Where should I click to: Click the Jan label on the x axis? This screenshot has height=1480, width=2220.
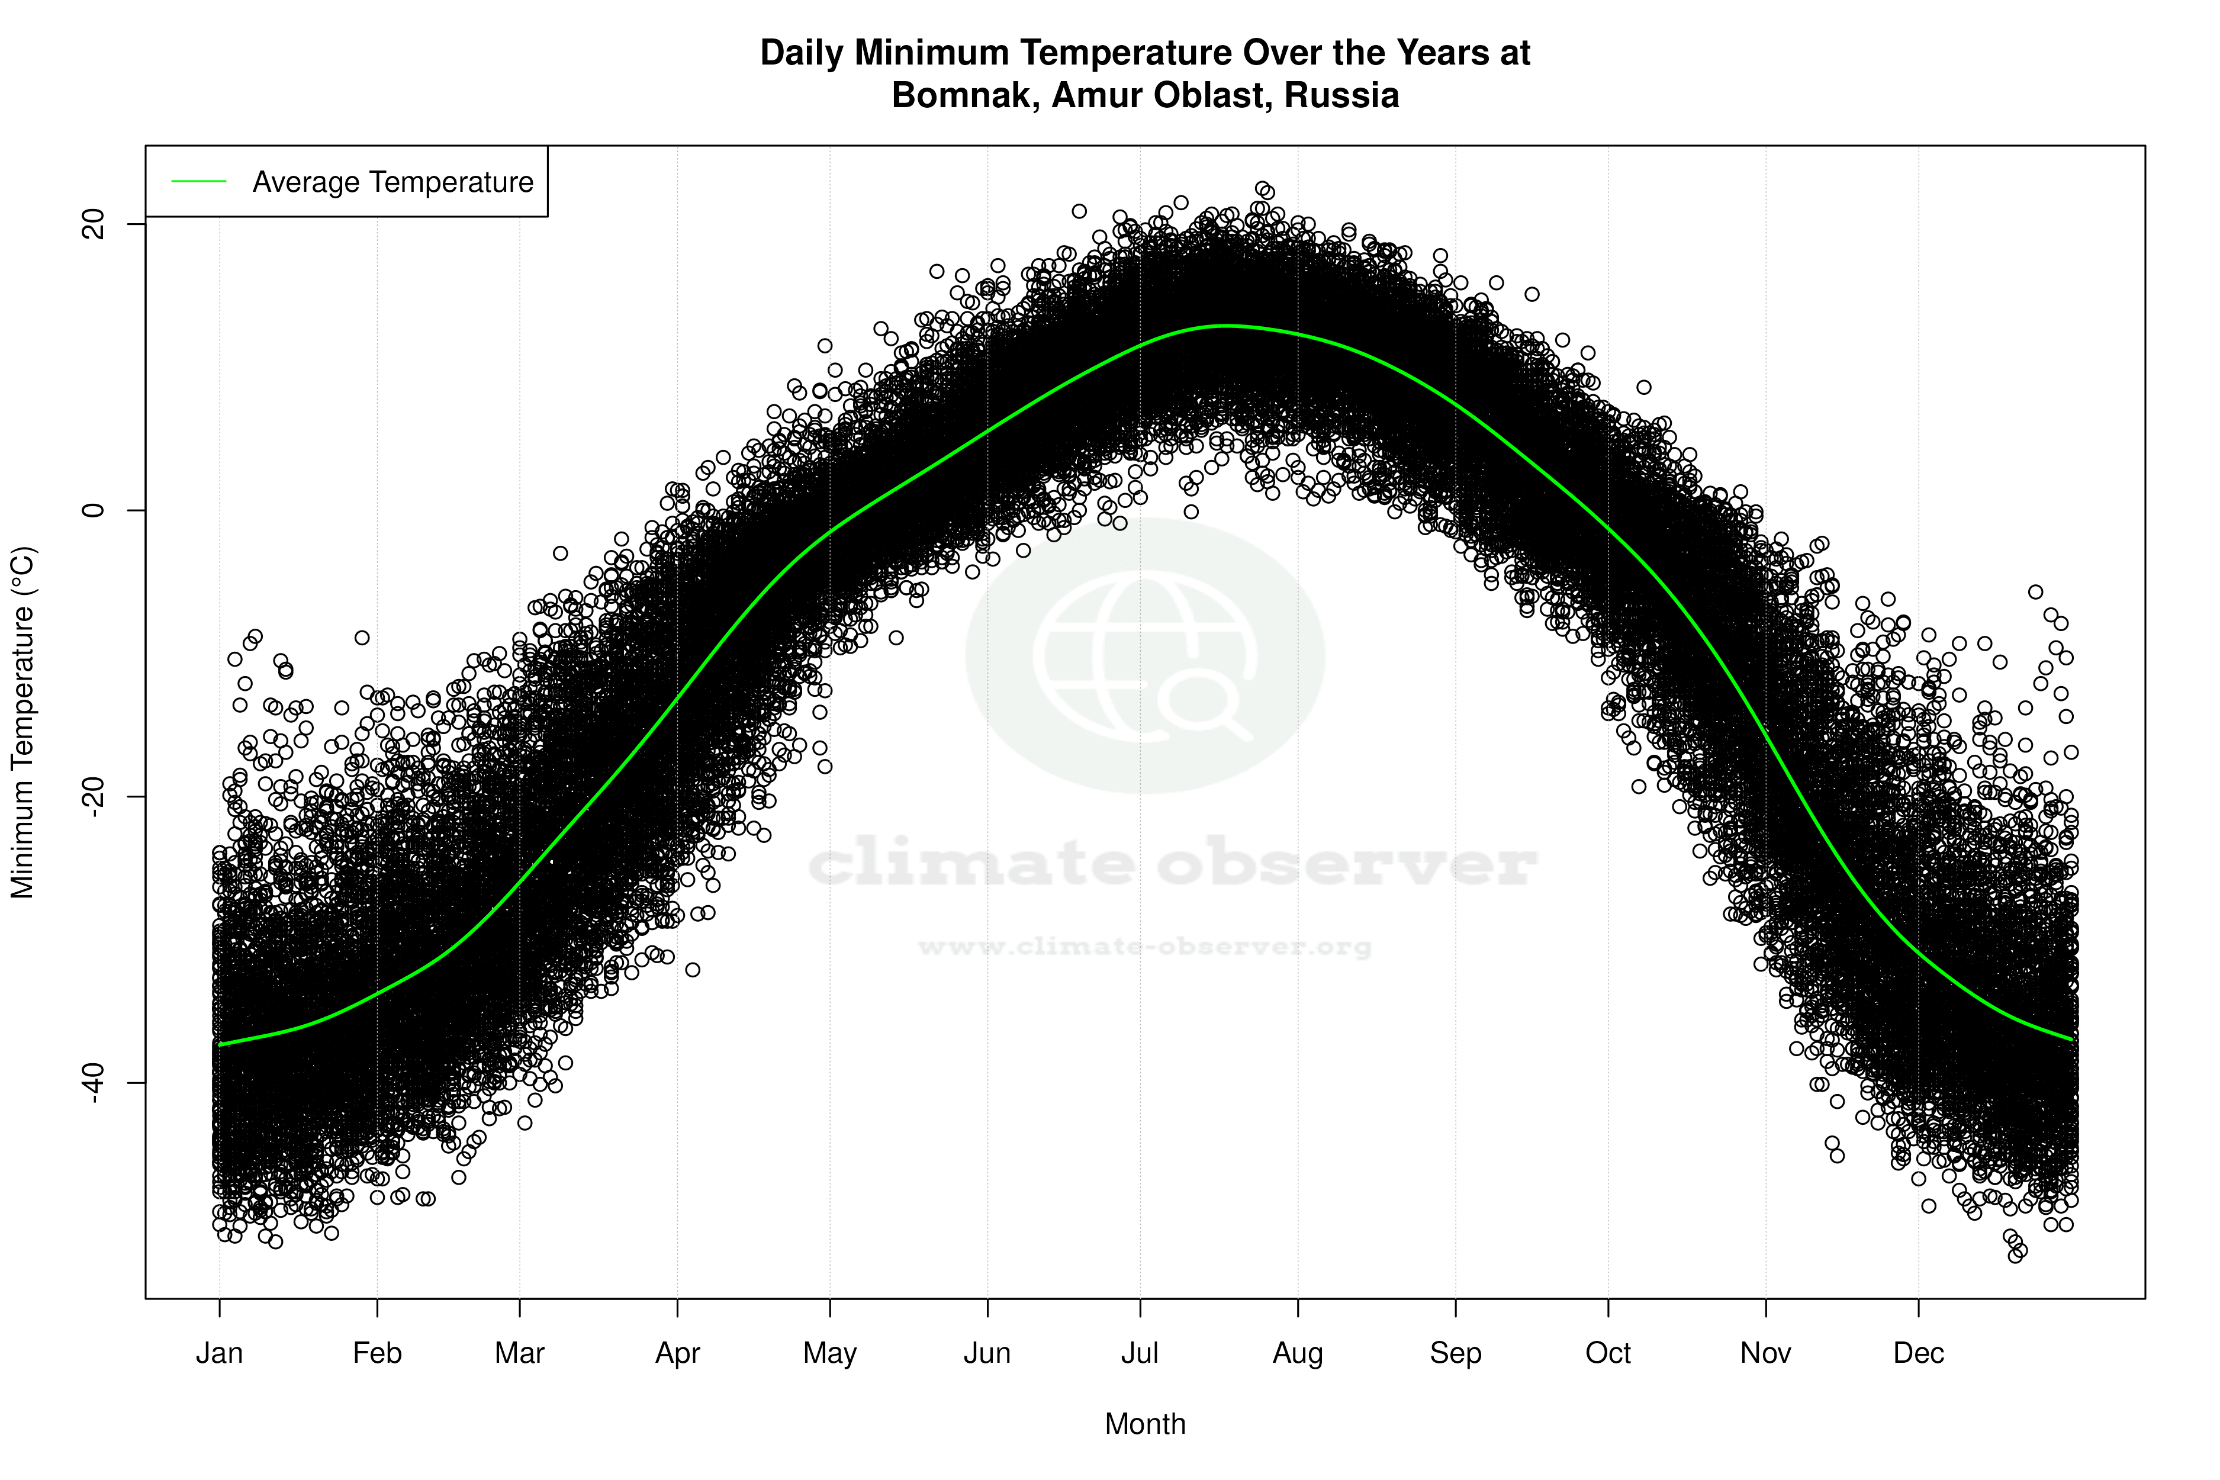coord(219,1353)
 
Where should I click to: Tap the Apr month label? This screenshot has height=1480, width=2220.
coord(678,1353)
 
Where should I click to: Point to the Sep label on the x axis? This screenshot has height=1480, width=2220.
coord(1456,1353)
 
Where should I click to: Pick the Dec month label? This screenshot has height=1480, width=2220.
coord(1918,1353)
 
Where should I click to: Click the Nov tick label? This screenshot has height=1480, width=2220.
coord(1765,1353)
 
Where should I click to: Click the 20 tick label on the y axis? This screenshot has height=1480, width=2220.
coord(94,224)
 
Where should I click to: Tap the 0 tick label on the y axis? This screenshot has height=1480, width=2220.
coord(94,511)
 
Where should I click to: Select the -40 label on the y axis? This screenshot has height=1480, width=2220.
coord(94,1083)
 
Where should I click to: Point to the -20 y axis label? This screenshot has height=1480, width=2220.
coord(94,797)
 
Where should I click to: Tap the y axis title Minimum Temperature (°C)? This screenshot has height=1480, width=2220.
coord(22,722)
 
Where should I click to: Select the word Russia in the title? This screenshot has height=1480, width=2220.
coord(1341,95)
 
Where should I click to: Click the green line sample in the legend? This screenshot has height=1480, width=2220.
coord(199,181)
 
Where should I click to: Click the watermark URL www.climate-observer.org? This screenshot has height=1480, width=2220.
coord(1145,946)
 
